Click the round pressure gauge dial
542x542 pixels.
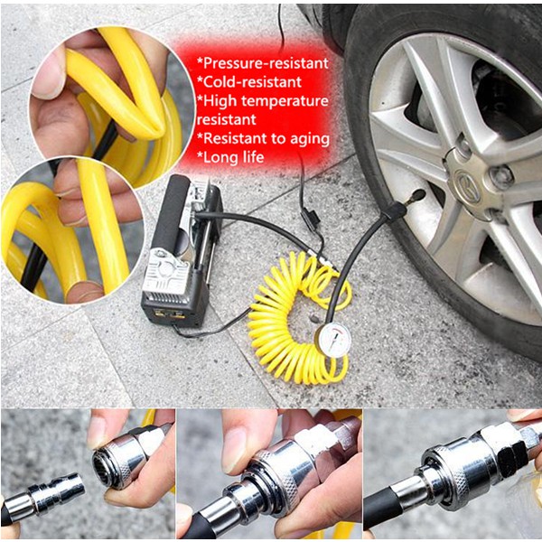coord(332,341)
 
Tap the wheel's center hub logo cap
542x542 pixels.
coord(467,186)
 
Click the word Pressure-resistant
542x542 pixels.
coord(263,63)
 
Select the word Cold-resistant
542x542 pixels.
coord(249,82)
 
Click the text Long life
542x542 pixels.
coord(230,157)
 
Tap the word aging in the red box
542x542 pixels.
coord(310,140)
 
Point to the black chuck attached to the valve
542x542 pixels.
coord(394,210)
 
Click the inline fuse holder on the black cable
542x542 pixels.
coord(308,219)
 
